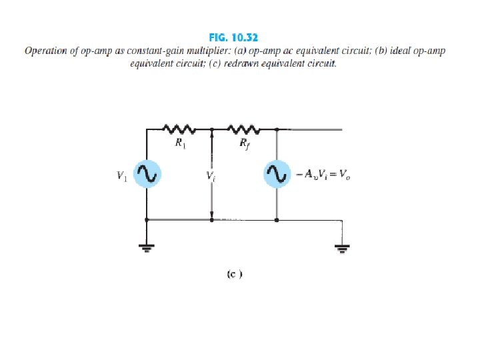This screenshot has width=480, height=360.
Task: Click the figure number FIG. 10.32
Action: [x=240, y=39]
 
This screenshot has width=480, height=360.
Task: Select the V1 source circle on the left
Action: [x=146, y=175]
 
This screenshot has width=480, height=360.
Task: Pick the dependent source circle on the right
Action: [x=277, y=175]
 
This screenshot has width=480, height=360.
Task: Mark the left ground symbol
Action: [x=146, y=248]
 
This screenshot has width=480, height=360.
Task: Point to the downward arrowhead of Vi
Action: [x=211, y=215]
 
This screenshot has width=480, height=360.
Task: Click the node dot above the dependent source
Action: [x=277, y=129]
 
